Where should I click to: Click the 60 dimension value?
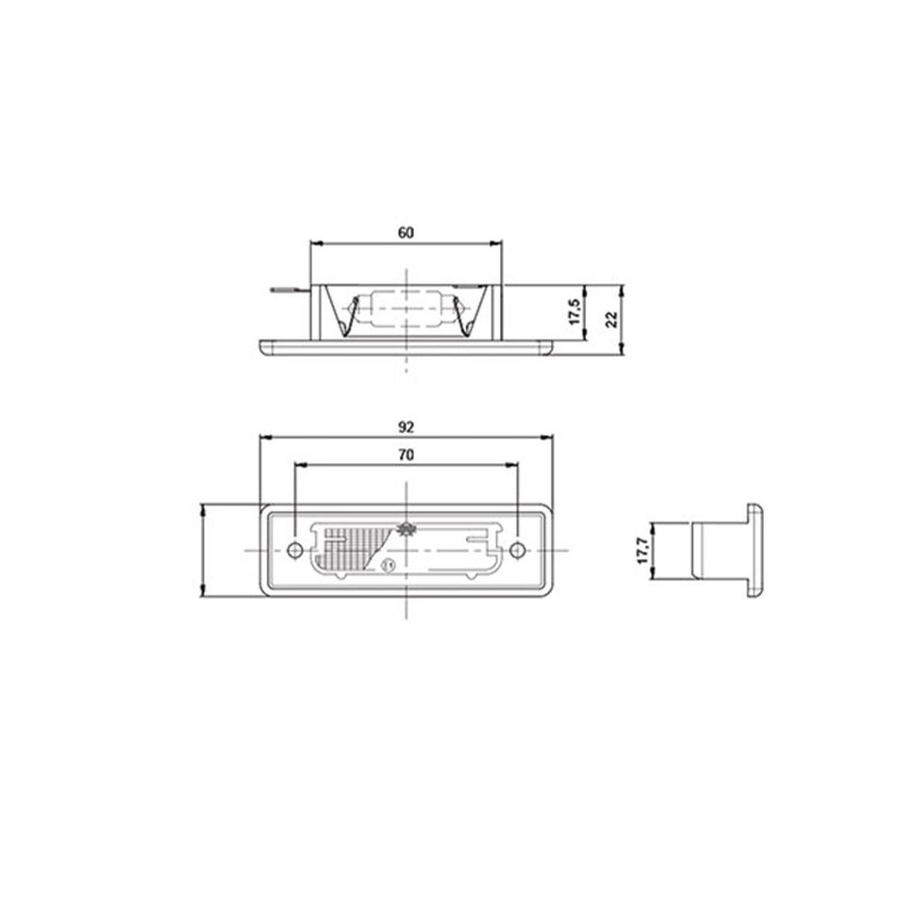[x=406, y=232]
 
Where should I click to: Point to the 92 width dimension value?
[x=406, y=426]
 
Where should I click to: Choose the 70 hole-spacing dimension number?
[x=406, y=454]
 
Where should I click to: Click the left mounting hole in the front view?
[x=295, y=550]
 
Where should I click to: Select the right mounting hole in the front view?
[x=516, y=550]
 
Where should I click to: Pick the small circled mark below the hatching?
[x=388, y=566]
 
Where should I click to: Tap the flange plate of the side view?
[x=755, y=550]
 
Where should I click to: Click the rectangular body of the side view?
[x=719, y=550]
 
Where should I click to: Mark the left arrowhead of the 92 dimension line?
[x=265, y=437]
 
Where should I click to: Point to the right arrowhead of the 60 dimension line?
[x=497, y=243]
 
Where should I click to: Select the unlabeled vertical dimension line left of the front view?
[x=204, y=550]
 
